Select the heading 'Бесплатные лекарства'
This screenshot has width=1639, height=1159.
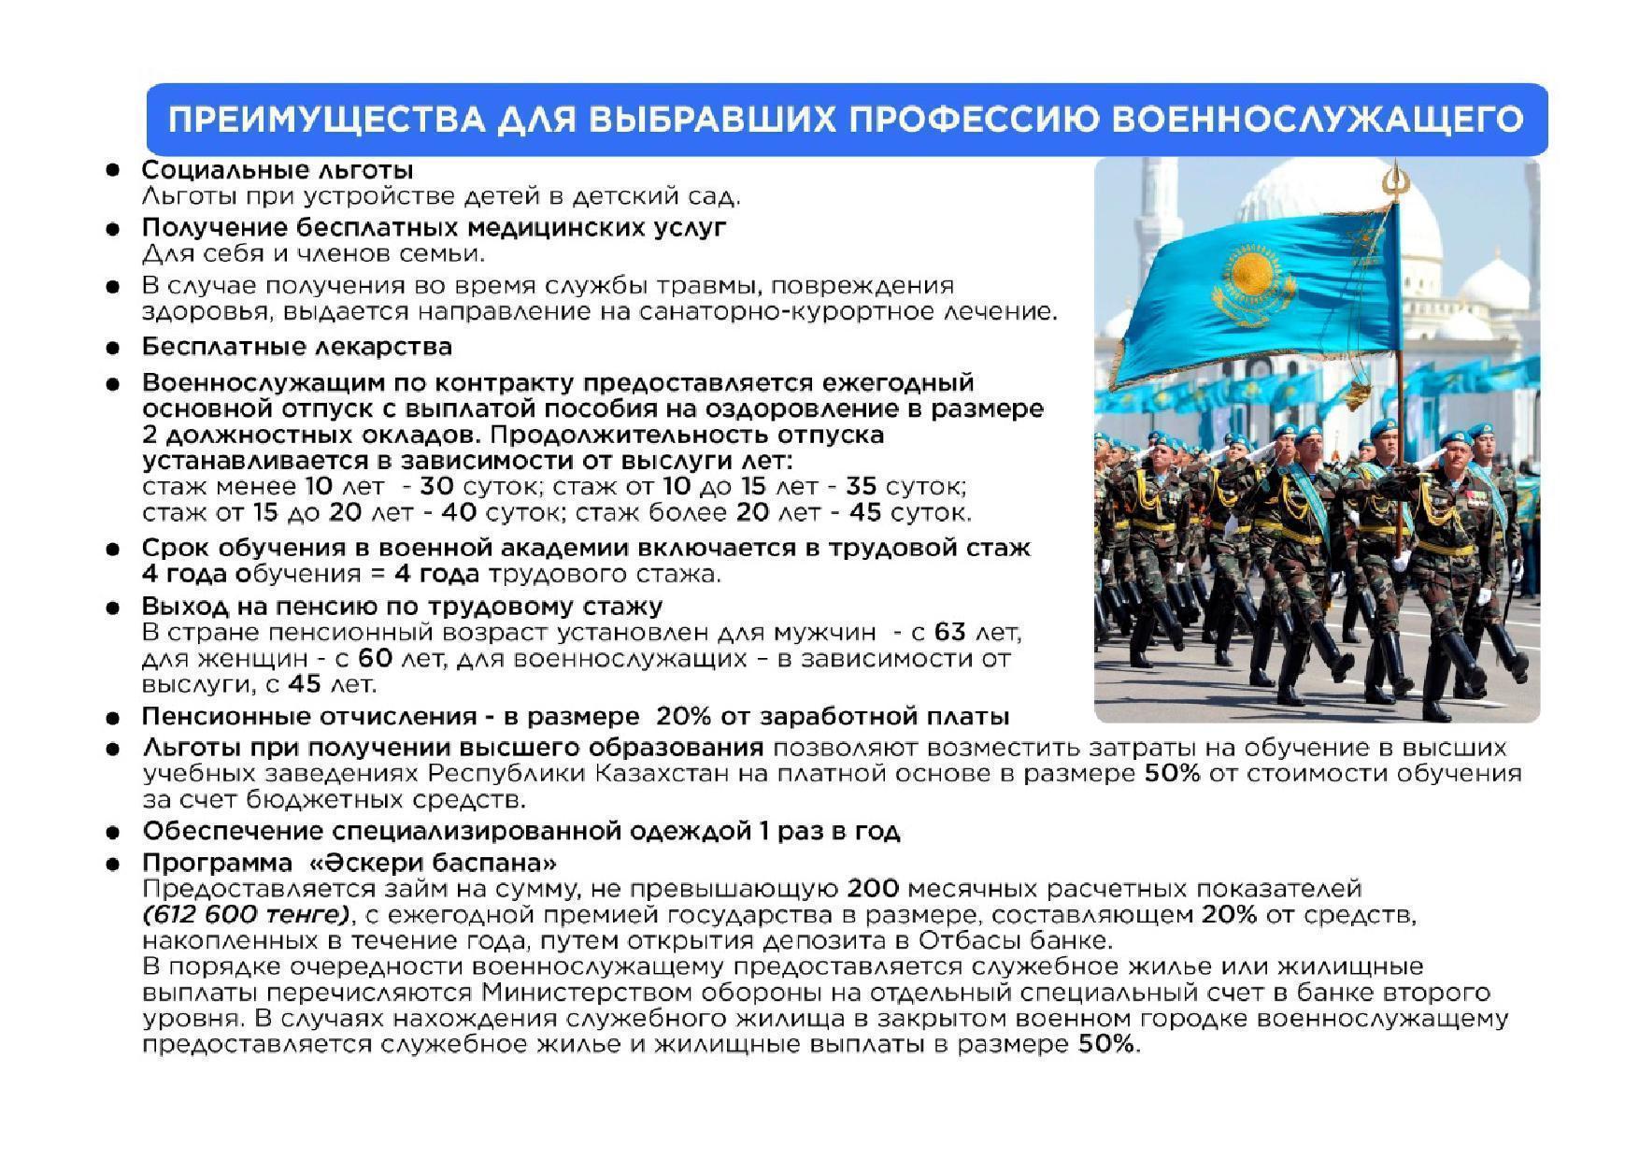296,347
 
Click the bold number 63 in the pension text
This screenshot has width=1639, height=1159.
948,633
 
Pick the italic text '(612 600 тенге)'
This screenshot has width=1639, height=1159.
245,914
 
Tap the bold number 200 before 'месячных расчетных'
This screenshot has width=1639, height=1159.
872,888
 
